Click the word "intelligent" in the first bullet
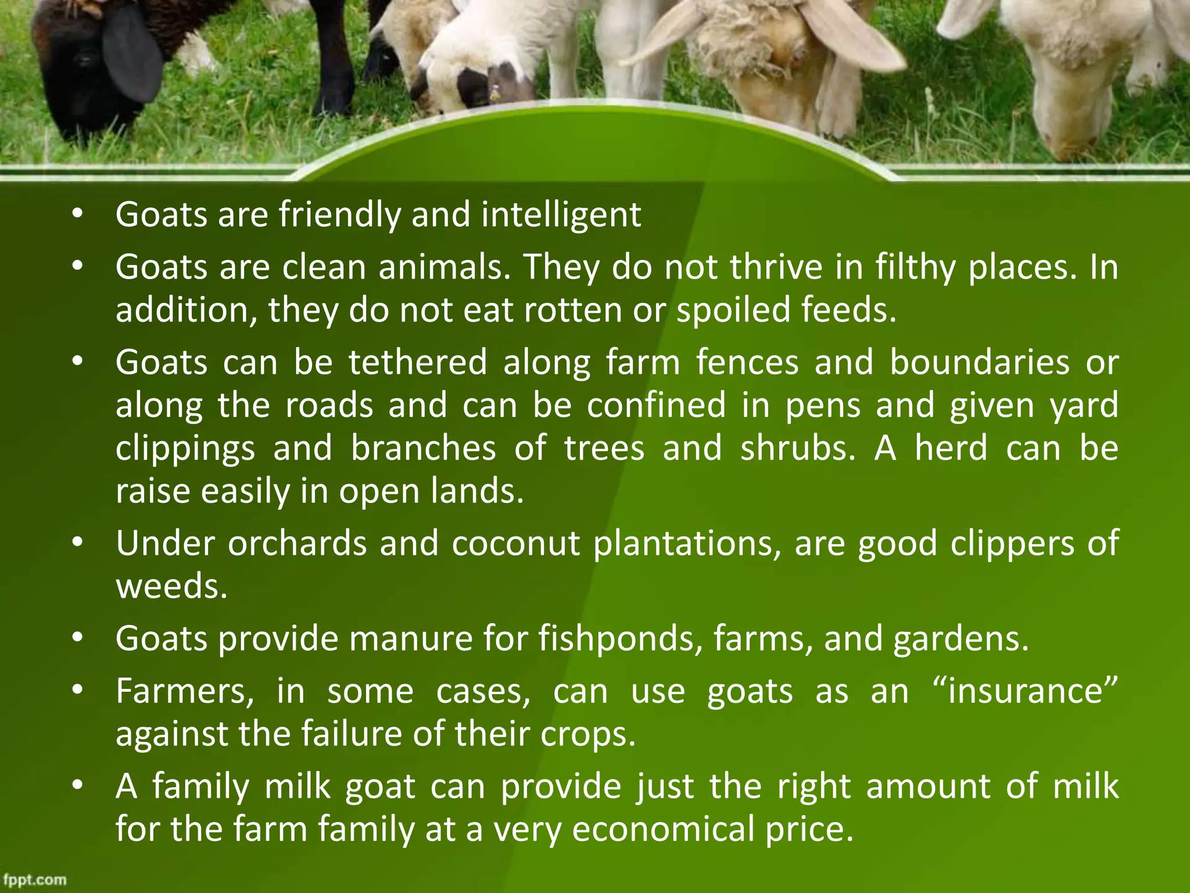[561, 215]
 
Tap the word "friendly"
[340, 215]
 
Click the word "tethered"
[418, 362]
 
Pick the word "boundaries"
[979, 362]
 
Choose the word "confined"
[656, 405]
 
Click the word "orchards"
[297, 544]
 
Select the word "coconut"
[515, 544]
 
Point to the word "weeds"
[171, 586]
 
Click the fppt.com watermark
[34, 880]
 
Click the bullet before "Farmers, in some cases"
[78, 692]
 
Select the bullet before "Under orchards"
[78, 544]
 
